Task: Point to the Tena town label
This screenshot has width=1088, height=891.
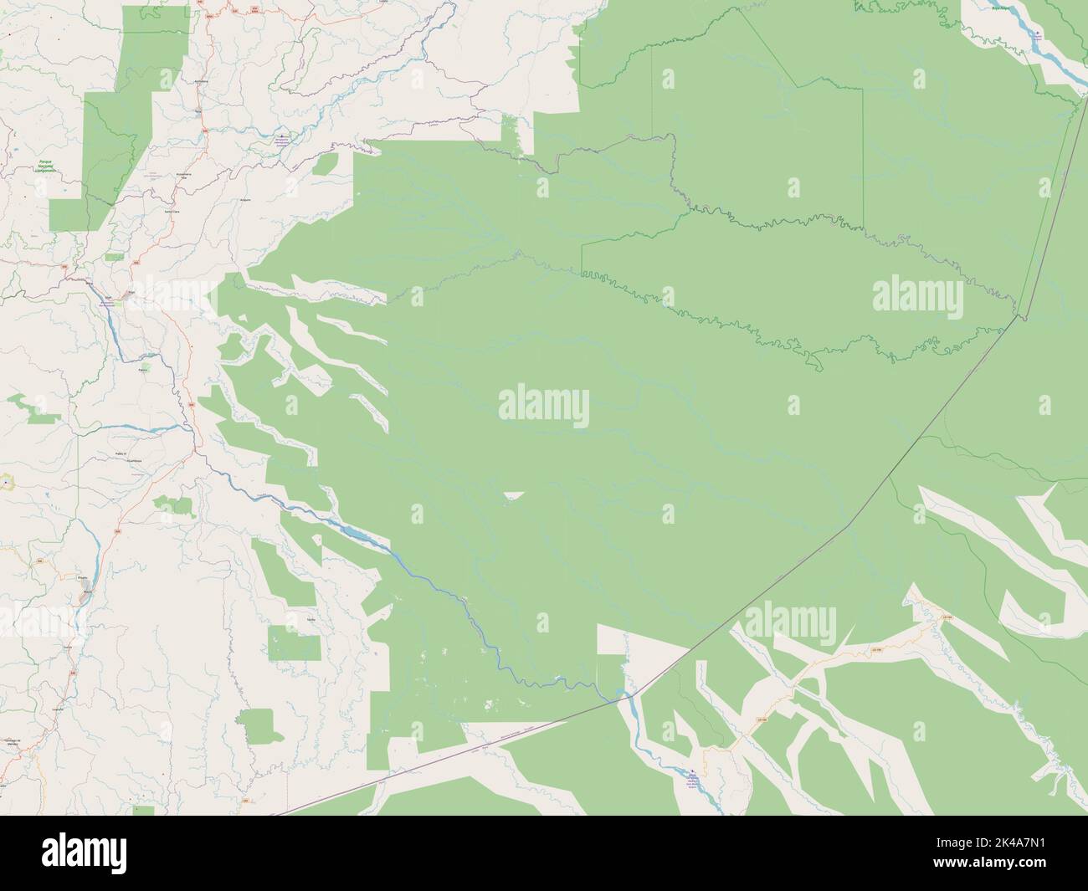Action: pos(198,110)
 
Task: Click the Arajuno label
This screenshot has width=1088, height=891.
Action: pos(245,200)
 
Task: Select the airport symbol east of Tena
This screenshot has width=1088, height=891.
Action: pos(283,137)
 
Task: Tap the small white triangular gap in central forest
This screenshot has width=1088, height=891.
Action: pos(513,496)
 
